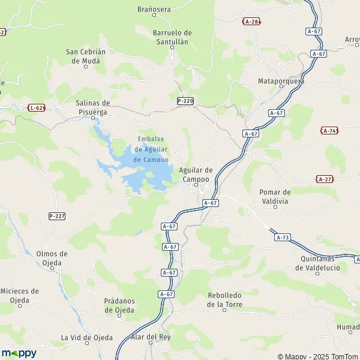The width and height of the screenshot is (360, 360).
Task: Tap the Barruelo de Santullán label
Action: pos(172,37)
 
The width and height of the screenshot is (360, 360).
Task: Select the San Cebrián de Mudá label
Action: pos(85,56)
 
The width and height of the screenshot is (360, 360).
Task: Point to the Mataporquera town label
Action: pos(281,81)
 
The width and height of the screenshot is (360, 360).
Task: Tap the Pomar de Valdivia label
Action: pos(275,197)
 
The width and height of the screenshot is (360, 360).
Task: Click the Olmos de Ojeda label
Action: pos(60,258)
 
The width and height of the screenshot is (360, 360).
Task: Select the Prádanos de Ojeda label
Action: pos(119,305)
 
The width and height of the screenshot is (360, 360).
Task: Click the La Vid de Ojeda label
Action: pos(87,338)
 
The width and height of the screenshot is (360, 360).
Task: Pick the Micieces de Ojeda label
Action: pos(19,296)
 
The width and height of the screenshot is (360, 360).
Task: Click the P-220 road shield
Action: pos(185,101)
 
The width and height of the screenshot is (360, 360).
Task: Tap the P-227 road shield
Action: pos(57,216)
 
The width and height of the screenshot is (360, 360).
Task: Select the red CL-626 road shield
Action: pos(36,107)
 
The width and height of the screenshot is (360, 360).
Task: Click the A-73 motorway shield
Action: pos(283,238)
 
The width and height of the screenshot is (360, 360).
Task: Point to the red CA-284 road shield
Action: pos(251,22)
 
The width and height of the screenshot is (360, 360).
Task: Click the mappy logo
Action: pos(19,353)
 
